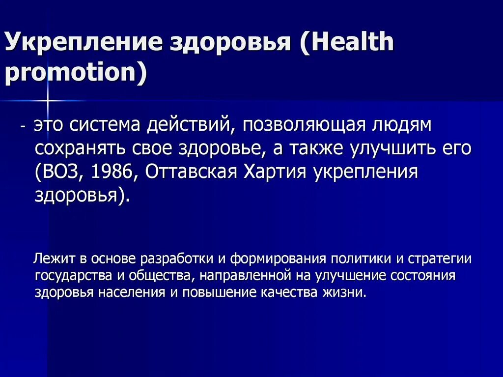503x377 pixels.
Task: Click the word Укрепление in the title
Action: point(83,43)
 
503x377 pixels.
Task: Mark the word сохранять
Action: point(73,148)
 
